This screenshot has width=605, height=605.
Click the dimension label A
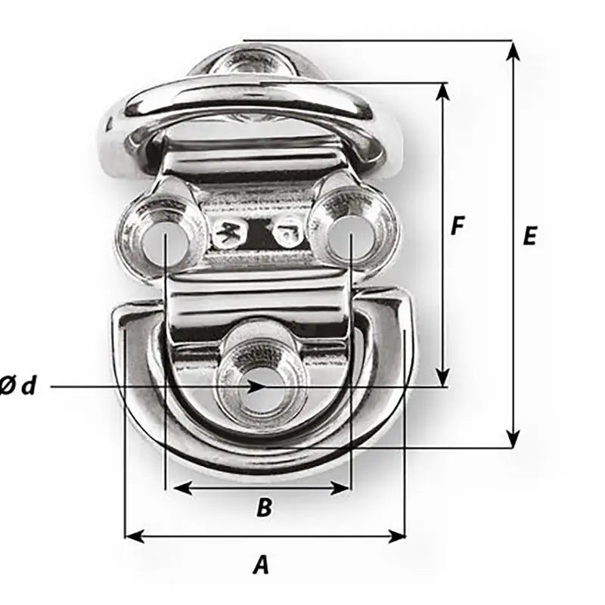[x=261, y=565]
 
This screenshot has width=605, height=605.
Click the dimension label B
[x=263, y=507]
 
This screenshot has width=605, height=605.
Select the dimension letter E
[x=529, y=237]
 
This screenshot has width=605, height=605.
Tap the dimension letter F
[x=456, y=225]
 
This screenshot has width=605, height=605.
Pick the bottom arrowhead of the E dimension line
[x=513, y=438]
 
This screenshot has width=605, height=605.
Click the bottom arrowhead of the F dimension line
[x=443, y=377]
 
